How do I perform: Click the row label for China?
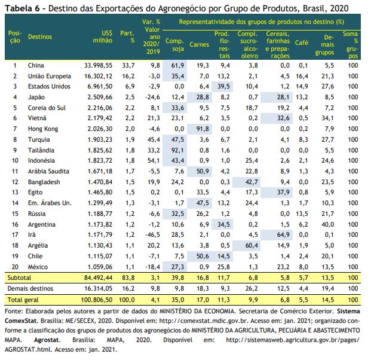pyautogui.click(x=36, y=65)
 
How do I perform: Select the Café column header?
pyautogui.click(x=302, y=43)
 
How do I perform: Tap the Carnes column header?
pyautogui.click(x=199, y=44)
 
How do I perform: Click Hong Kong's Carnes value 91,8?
pyautogui.click(x=203, y=129)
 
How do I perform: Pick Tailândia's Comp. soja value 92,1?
pyautogui.click(x=177, y=150)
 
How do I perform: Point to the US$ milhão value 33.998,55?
pyautogui.click(x=98, y=65)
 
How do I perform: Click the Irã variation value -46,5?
pyautogui.click(x=152, y=234)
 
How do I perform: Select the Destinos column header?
pyautogui.click(x=40, y=36)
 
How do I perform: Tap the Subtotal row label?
pyautogui.click(x=19, y=277)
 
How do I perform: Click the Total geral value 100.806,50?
pyautogui.click(x=97, y=300)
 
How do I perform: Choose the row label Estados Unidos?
pyautogui.click(x=49, y=86)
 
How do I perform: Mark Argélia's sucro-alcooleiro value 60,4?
pyautogui.click(x=252, y=245)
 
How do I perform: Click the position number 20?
pyautogui.click(x=15, y=267)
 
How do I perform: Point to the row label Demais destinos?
pyautogui.click(x=30, y=288)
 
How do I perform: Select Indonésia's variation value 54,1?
pyautogui.click(x=154, y=161)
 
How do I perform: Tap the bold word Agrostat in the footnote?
pyautogui.click(x=47, y=340)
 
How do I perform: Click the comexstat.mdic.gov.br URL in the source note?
pyautogui.click(x=203, y=321)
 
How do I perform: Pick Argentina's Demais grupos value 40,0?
pyautogui.click(x=327, y=224)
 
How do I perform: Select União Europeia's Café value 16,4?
pyautogui.click(x=302, y=76)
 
